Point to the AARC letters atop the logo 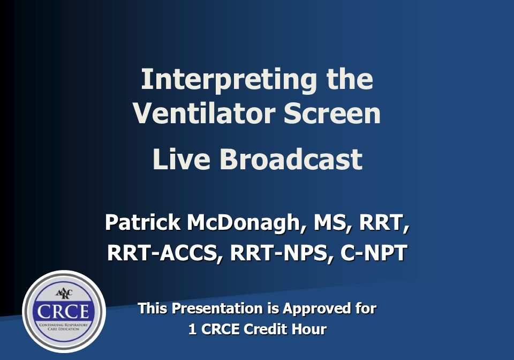point(63,295)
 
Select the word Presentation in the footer point(219,309)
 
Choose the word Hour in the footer point(308,329)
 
